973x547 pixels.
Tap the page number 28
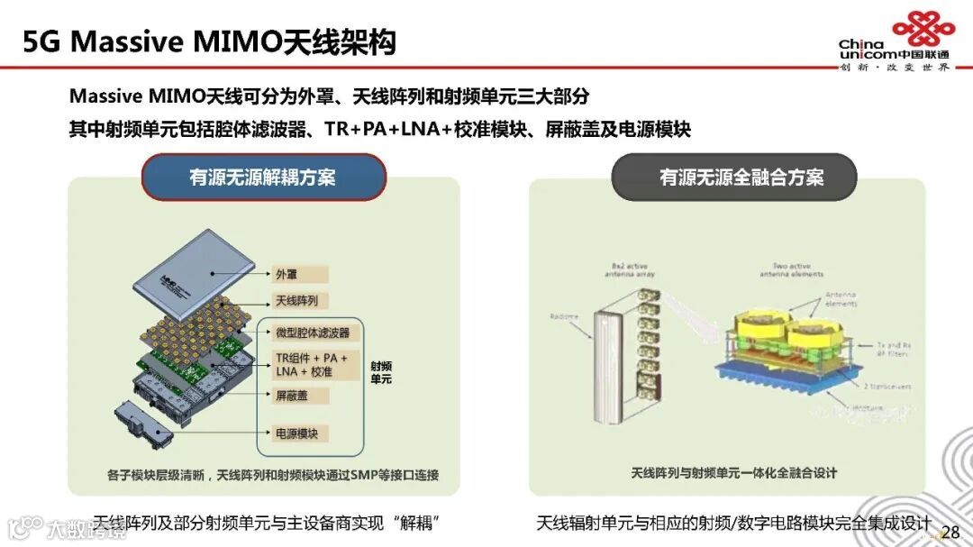950,530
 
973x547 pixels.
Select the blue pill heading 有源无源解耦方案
262,177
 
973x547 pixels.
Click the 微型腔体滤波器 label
312,333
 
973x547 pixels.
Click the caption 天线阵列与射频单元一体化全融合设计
734,472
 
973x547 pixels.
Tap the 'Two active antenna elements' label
792,270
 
